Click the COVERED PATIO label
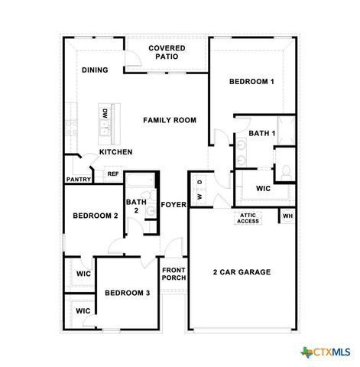166,52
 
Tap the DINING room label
95,70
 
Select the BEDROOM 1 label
251,81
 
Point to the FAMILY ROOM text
170,120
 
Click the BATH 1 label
261,133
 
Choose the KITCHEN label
115,152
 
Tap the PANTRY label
79,180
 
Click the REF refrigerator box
112,174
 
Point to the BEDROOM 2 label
95,216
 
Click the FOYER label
174,204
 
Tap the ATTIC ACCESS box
248,218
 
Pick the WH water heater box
287,216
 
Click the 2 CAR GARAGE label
242,272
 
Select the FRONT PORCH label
174,273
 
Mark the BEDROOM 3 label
127,293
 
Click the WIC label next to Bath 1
263,188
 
